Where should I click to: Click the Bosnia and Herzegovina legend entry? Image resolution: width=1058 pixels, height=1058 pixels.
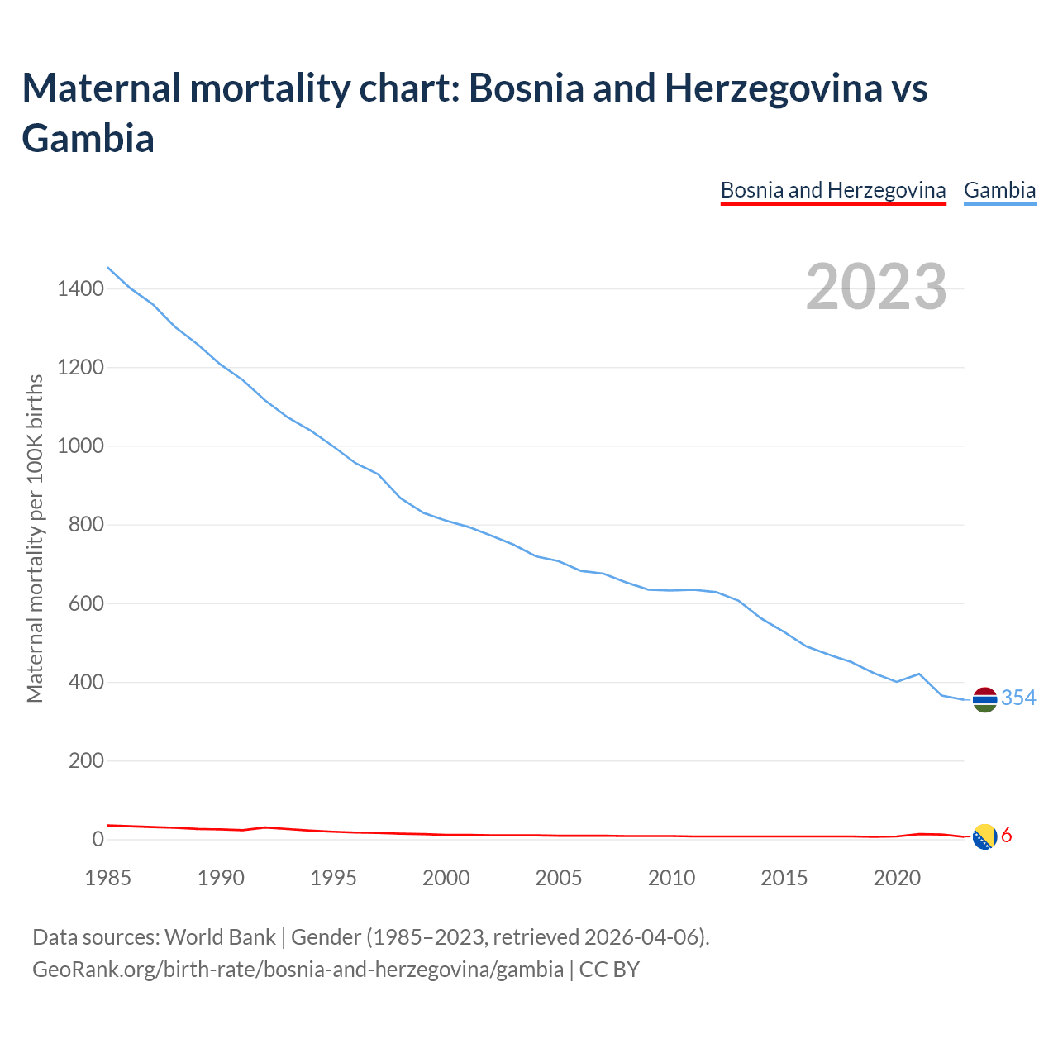pyautogui.click(x=833, y=190)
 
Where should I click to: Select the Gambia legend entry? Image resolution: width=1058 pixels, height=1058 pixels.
pyautogui.click(x=999, y=190)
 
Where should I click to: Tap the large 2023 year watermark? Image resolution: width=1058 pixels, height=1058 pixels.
pyautogui.click(x=876, y=287)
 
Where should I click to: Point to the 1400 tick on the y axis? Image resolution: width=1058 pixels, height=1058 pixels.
pyautogui.click(x=80, y=288)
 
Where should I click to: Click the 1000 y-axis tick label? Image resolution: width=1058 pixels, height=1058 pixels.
pyautogui.click(x=80, y=446)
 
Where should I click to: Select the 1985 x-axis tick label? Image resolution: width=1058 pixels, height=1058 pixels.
pyautogui.click(x=108, y=877)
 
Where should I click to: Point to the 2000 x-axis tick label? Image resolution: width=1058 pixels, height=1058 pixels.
pyautogui.click(x=446, y=877)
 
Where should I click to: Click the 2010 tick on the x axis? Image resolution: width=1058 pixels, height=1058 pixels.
pyautogui.click(x=671, y=877)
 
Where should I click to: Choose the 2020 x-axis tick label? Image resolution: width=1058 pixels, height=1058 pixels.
pyautogui.click(x=897, y=877)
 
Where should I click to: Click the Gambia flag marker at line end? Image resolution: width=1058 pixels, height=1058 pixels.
pyautogui.click(x=984, y=699)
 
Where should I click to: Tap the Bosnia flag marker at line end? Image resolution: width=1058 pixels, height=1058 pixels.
pyautogui.click(x=984, y=837)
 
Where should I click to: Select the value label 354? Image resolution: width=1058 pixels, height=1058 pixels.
pyautogui.click(x=1018, y=698)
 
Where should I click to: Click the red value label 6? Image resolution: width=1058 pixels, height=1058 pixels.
pyautogui.click(x=1007, y=836)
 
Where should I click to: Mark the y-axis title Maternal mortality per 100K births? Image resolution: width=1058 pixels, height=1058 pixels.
pyautogui.click(x=35, y=539)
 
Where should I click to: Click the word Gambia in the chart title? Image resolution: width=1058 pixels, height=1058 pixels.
pyautogui.click(x=88, y=138)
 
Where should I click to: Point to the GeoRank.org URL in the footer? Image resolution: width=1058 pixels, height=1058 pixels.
pyautogui.click(x=298, y=969)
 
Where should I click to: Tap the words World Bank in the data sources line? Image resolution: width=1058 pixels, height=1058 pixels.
pyautogui.click(x=220, y=937)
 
